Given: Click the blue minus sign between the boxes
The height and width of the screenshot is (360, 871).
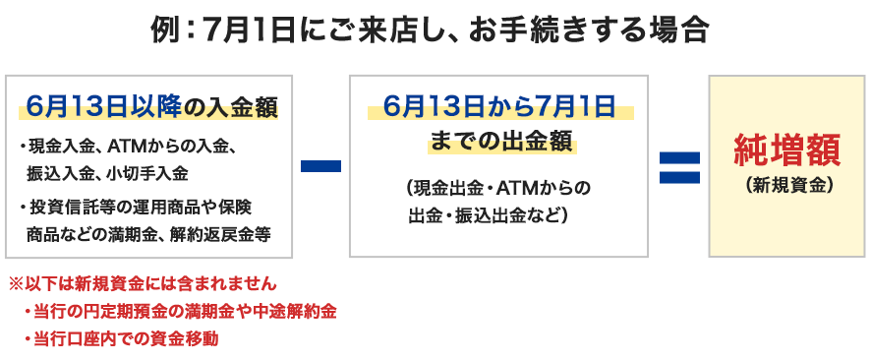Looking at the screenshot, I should [320, 166].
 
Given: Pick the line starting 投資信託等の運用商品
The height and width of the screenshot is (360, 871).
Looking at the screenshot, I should [139, 208].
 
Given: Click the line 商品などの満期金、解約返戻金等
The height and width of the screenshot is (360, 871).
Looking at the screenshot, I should [147, 234].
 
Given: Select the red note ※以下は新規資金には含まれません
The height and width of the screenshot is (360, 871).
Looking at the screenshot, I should [143, 284].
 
